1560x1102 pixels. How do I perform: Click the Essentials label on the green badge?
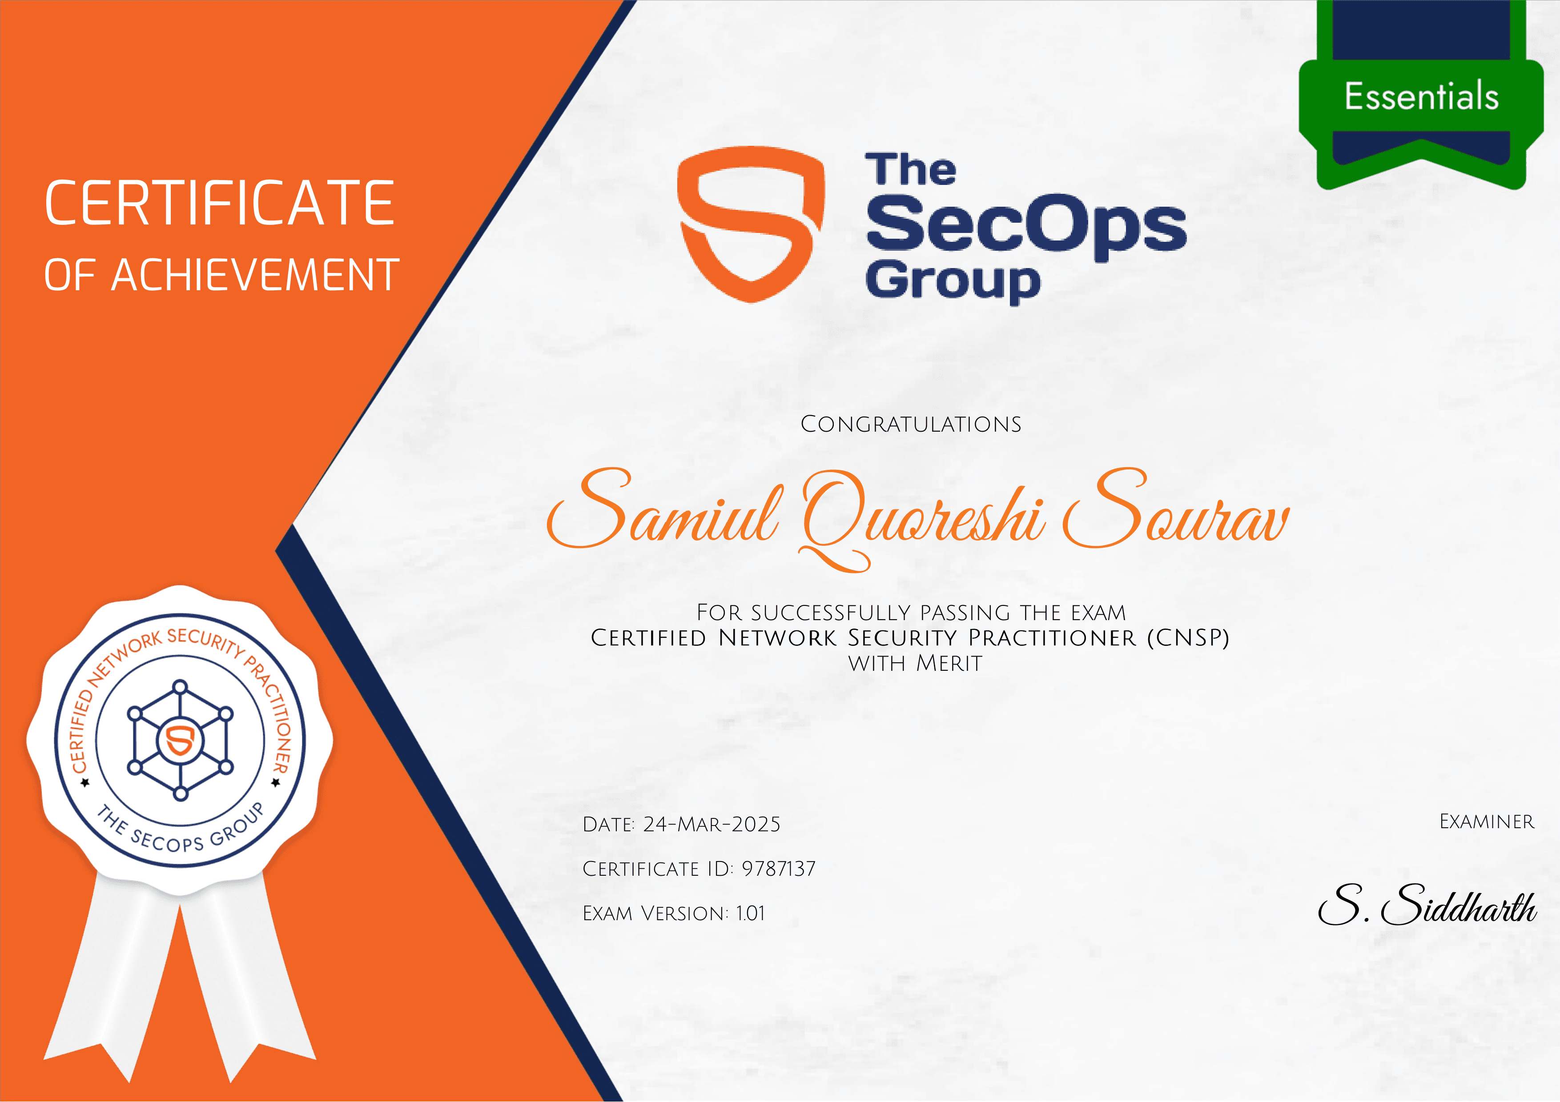(x=1421, y=96)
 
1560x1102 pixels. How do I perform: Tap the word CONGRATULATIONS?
(x=910, y=425)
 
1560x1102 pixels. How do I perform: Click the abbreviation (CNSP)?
(x=1188, y=638)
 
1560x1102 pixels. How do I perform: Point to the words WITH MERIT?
(x=915, y=663)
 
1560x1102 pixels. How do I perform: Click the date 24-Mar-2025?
(x=712, y=824)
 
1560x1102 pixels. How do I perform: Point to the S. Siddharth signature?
(x=1427, y=906)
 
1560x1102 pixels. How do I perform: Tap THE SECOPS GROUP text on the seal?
(x=180, y=832)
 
